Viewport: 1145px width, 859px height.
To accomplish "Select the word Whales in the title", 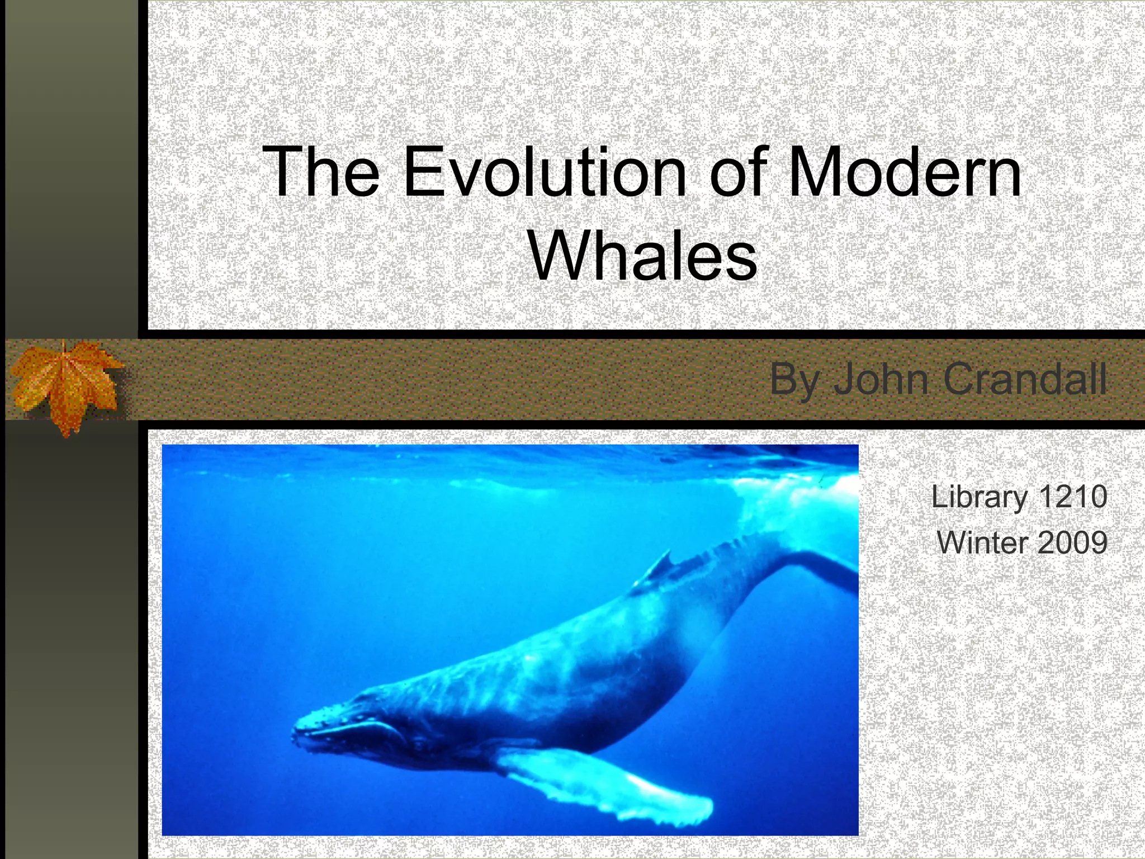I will pos(643,257).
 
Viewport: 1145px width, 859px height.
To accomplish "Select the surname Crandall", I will pos(1025,379).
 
